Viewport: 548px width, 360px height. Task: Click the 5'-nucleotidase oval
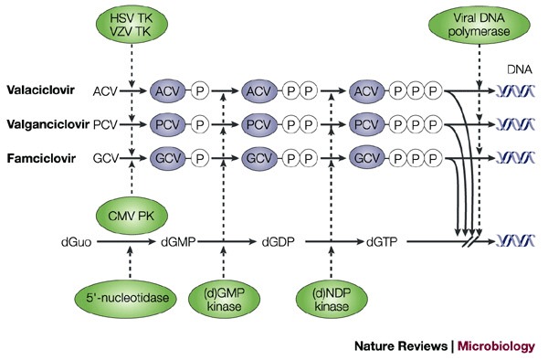click(x=132, y=300)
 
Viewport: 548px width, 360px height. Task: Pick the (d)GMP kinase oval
click(x=223, y=300)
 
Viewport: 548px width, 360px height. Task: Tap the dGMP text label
click(x=179, y=245)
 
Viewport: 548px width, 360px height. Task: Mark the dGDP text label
click(x=279, y=245)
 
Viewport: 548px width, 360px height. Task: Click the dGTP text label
click(x=384, y=245)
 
